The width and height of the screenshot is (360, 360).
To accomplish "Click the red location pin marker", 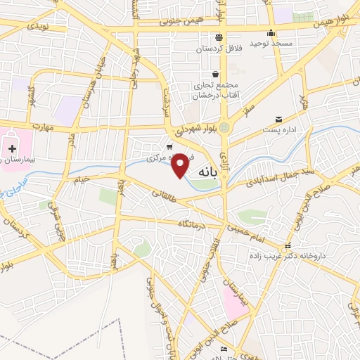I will pos(181,165).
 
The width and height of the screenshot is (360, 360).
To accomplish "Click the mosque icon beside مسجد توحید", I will pos(271,32).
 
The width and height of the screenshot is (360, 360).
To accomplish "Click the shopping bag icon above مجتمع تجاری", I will pos(215,74).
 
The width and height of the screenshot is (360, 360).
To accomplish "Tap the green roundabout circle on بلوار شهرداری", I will pos(224,127).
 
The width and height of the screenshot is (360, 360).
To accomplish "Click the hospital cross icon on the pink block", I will pos(12,148).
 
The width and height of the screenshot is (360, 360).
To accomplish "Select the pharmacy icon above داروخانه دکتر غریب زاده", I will pos(288,247).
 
